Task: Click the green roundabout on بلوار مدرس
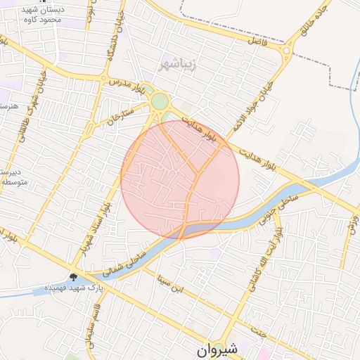160,102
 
